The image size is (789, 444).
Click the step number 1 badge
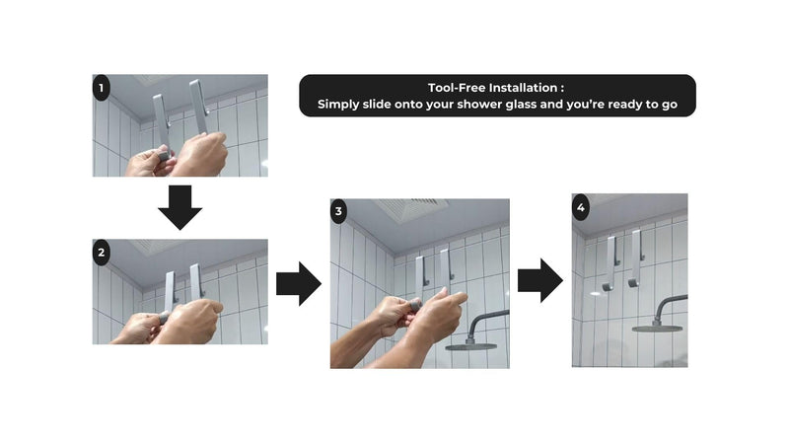pyautogui.click(x=102, y=88)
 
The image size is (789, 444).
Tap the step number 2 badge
pyautogui.click(x=102, y=253)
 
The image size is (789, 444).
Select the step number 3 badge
pyautogui.click(x=338, y=211)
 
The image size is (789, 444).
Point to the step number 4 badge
pyautogui.click(x=581, y=207)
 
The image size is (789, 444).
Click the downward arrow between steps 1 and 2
pyautogui.click(x=180, y=207)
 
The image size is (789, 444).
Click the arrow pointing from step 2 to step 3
pyautogui.click(x=299, y=284)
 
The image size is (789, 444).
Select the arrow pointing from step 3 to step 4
pyautogui.click(x=540, y=280)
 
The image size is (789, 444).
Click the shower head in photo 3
pyautogui.click(x=472, y=346)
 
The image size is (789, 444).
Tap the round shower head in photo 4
pyautogui.click(x=657, y=329)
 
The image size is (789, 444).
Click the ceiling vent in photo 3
pyautogui.click(x=411, y=209)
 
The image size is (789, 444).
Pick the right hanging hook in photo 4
pyautogui.click(x=635, y=259)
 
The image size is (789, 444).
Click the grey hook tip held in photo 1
pyautogui.click(x=163, y=154)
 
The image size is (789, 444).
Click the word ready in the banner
pyautogui.click(x=626, y=106)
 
